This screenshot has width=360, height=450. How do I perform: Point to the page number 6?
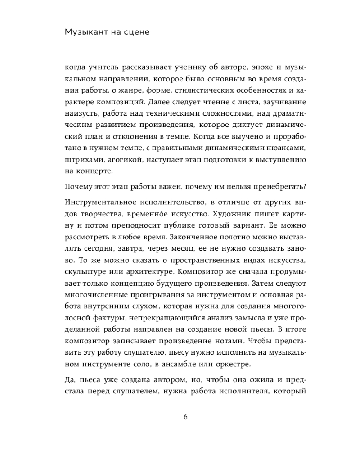[185, 416]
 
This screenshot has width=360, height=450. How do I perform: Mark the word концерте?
[94, 171]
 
